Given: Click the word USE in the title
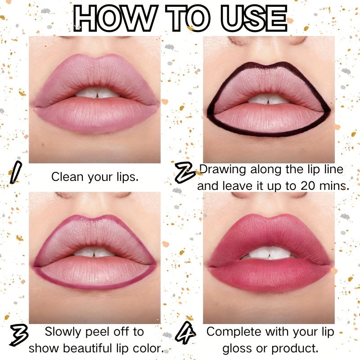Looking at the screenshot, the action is pos(254,18).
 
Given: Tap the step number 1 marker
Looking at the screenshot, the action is pos(16,172).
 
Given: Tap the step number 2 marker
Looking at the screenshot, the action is pos(185,172).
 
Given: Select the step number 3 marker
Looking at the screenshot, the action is pos(19,335).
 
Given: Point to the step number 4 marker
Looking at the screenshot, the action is pos(185,333).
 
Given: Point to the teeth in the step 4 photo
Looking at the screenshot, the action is pos(270,253).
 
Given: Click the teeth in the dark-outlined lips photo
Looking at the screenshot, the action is pos(268,99).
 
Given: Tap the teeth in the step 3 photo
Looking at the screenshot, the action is pos(94,252).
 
